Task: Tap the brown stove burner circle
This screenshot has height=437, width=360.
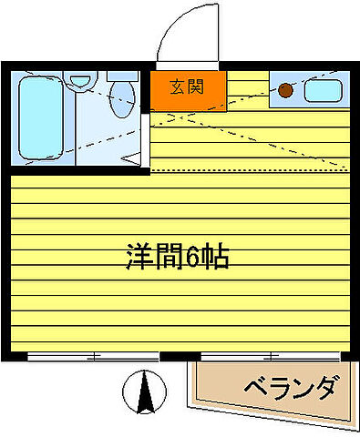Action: click(x=286, y=90)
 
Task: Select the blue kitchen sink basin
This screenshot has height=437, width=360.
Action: click(x=322, y=90)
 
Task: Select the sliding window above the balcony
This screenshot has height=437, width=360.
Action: click(x=273, y=356)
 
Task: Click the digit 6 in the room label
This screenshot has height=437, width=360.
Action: click(x=194, y=256)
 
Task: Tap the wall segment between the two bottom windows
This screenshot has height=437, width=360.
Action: click(x=180, y=356)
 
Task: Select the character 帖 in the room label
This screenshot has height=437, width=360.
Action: click(x=215, y=256)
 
